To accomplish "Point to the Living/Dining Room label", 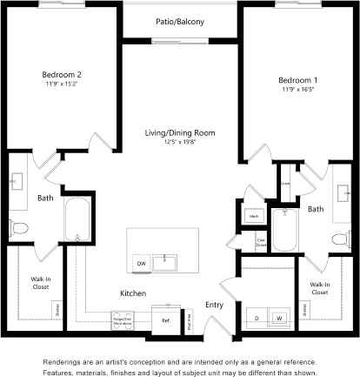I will coord(180,133).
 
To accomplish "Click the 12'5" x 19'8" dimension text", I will coord(180,142).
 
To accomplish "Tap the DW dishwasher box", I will coord(140,263).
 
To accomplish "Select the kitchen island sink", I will coord(164,262).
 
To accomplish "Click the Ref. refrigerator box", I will coord(164,320).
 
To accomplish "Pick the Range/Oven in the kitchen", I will coord(121,319).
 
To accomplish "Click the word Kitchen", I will coord(132,293).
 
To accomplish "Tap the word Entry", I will coord(213,305).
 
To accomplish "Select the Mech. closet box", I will coord(255,215).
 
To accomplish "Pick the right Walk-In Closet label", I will coord(319,289).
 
